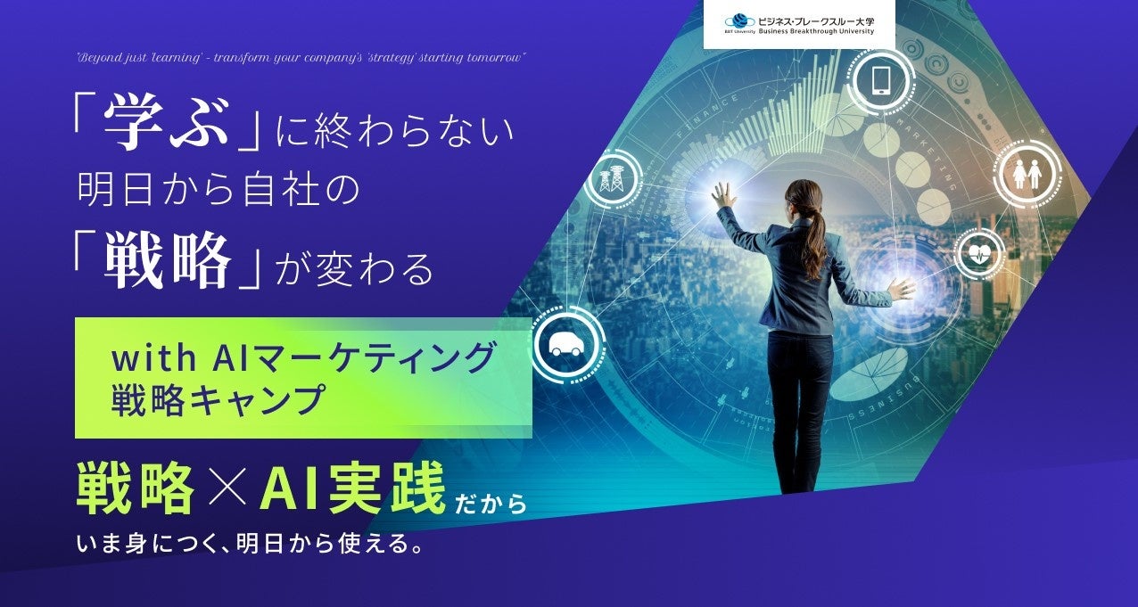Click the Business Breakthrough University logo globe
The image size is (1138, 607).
(x=739, y=22)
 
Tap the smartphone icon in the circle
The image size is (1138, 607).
(x=881, y=80)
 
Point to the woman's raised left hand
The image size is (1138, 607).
(x=724, y=195)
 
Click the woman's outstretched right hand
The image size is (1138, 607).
(x=902, y=288)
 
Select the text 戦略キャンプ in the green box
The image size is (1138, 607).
(x=216, y=400)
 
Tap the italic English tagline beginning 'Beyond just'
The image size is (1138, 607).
(x=302, y=57)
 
